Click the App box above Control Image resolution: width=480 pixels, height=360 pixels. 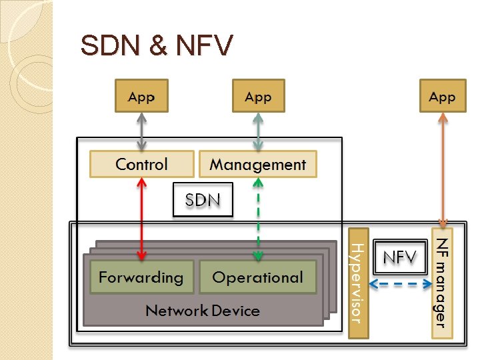pos(141,96)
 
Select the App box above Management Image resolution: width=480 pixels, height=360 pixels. pos(258,96)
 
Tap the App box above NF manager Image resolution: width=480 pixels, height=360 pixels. pos(442,96)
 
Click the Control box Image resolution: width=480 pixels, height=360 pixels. pos(141,164)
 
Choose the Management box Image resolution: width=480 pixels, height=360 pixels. pos(258,164)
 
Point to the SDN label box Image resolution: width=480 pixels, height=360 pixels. pos(203,199)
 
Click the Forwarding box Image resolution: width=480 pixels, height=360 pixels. pos(141,277)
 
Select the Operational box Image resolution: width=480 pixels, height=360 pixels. pos(257,277)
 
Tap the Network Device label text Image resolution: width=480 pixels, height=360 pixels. pos(203,310)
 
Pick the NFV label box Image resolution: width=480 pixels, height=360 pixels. pos(400,257)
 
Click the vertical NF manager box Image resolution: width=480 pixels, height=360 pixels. pos(441,283)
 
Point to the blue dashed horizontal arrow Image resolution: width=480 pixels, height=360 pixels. pos(400,284)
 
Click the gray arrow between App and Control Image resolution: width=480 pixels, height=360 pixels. pos(141,131)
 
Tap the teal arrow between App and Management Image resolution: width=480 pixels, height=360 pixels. pos(258,131)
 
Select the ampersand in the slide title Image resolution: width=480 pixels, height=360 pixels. pos(158,46)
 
